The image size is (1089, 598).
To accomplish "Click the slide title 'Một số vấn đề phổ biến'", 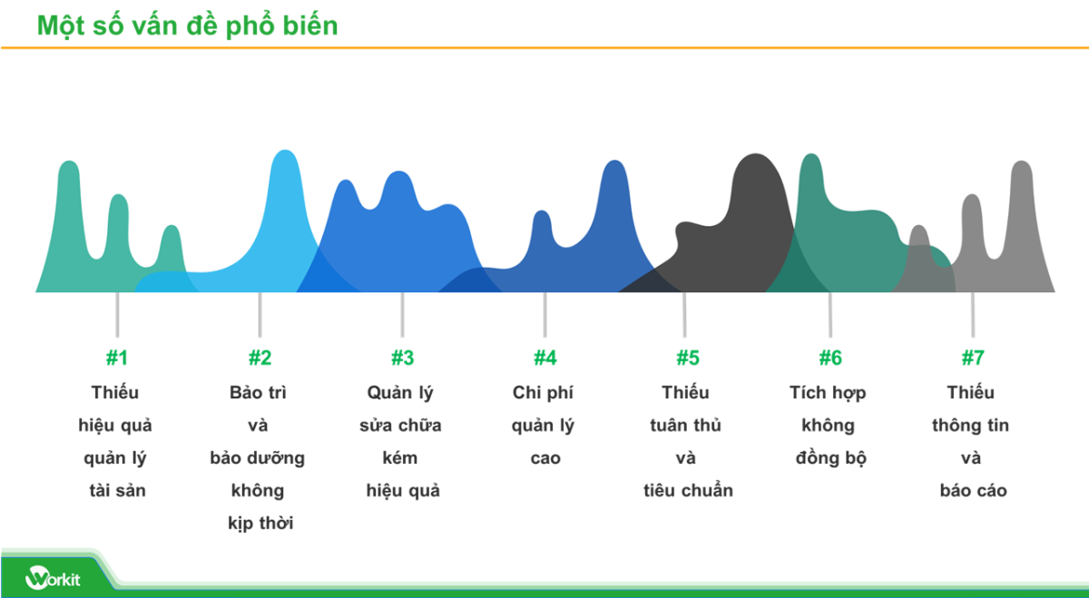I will (187, 25).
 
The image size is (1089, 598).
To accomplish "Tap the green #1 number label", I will (117, 358).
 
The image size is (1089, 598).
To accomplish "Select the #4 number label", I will (544, 358).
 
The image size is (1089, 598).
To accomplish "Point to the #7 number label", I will (973, 358).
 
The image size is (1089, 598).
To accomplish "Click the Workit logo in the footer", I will (53, 577).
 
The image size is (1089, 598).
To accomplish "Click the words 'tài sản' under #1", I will (117, 491).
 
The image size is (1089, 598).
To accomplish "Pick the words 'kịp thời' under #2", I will (260, 524).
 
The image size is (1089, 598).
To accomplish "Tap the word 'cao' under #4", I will (544, 458).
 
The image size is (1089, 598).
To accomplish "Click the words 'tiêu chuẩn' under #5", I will (687, 491).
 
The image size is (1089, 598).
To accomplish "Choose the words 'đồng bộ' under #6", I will (830, 458).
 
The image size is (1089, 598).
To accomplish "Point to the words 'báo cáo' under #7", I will (973, 491).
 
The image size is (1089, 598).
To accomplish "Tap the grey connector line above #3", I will (402, 313).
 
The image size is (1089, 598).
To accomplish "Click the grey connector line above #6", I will (829, 313).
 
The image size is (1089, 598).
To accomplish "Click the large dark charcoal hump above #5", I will (753, 209).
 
